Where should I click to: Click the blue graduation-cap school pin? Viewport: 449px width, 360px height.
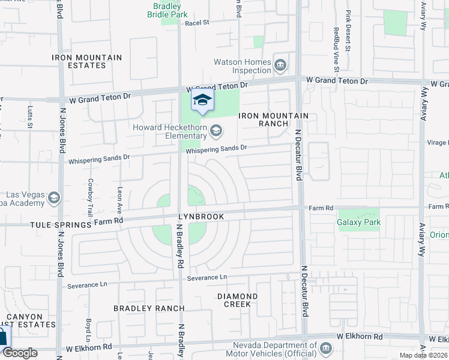(x=202, y=100)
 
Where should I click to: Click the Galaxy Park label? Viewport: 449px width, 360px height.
(x=359, y=222)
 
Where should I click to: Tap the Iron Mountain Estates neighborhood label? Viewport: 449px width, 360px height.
(x=87, y=61)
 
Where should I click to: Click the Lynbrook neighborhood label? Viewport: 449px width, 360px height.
(x=200, y=217)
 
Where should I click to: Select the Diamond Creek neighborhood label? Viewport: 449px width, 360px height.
(x=238, y=300)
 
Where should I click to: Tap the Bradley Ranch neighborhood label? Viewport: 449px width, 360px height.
(x=149, y=308)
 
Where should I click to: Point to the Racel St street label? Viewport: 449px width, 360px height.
(x=196, y=23)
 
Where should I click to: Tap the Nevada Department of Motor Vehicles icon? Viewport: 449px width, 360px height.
(x=325, y=348)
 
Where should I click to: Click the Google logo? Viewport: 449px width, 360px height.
(x=19, y=353)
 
